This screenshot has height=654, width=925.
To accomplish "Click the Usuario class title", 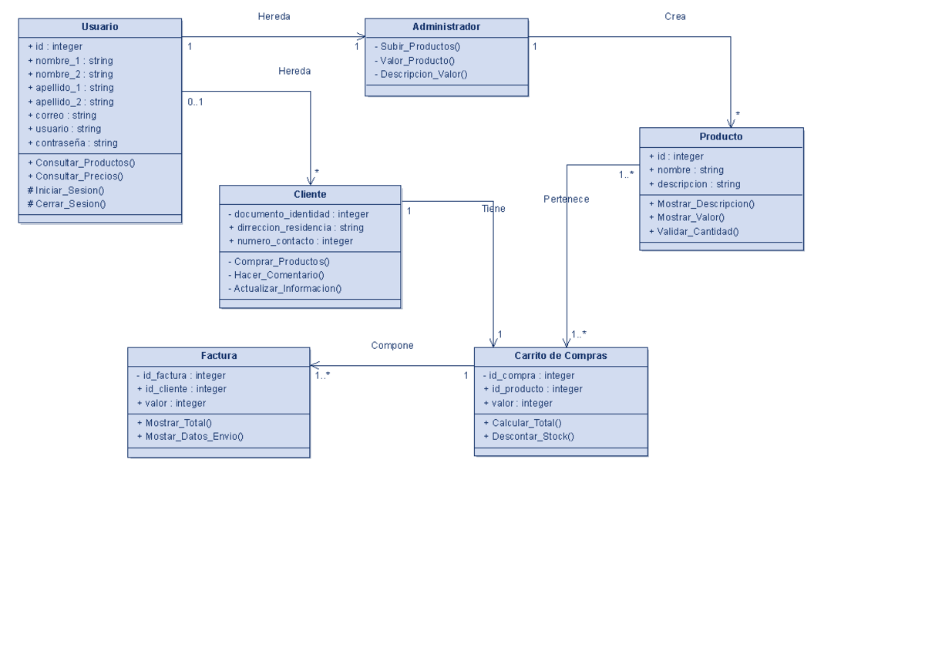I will pos(100,27).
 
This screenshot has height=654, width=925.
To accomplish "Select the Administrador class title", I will pos(446,27).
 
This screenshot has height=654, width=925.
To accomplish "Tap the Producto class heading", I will pos(721,136).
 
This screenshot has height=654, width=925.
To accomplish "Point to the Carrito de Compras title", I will pos(560,356).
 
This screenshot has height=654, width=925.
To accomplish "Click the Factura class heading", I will pos(219,356).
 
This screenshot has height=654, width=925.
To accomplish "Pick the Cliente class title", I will pos(310,194).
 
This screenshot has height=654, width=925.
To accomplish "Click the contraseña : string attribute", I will pos(72,143).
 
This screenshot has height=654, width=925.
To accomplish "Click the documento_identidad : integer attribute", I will pos(298,214).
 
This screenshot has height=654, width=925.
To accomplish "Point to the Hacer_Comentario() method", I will pos(276,275).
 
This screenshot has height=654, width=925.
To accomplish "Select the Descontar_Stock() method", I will pos(529,437).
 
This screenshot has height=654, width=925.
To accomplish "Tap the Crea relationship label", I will pos(674,16).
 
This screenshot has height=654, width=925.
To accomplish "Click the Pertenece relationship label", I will pos(566,200).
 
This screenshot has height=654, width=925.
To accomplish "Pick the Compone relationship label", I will pos(392,346).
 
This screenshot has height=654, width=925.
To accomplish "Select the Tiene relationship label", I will pos(493,209).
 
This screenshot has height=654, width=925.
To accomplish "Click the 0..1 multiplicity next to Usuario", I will pos(195,102).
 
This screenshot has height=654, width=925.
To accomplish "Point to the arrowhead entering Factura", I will pos(314,365).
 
